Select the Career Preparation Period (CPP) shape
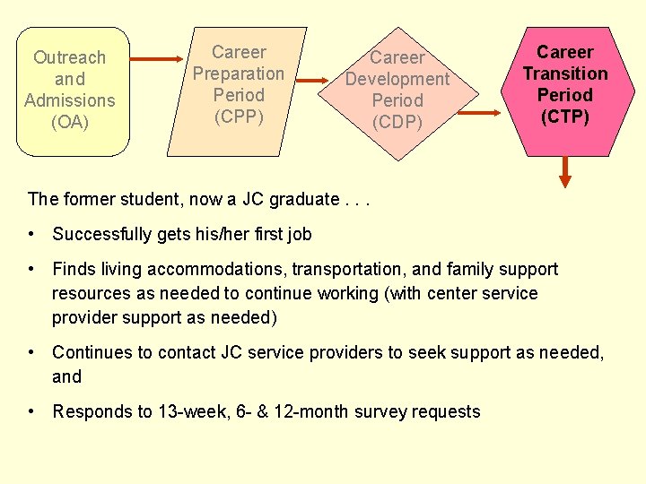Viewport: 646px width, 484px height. (x=238, y=85)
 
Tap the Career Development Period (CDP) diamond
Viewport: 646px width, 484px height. (x=397, y=91)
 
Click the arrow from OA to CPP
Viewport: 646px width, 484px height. (x=161, y=60)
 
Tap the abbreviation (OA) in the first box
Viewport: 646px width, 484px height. (x=70, y=122)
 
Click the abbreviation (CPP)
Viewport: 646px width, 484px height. (x=239, y=116)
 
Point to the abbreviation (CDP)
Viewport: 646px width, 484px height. (x=397, y=122)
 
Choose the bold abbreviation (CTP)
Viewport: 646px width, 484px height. (x=565, y=116)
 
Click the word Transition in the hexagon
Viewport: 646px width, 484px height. (x=565, y=73)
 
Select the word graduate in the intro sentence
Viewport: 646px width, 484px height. (x=303, y=199)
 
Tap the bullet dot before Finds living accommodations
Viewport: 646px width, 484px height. (x=31, y=269)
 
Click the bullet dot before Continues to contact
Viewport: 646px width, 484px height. (x=31, y=353)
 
